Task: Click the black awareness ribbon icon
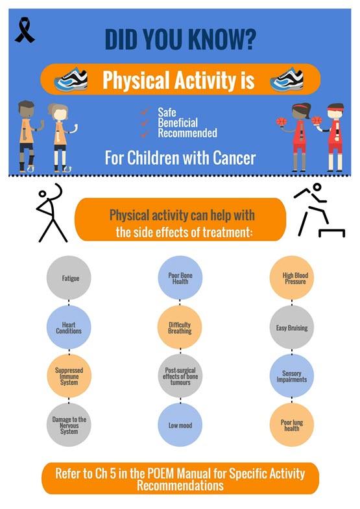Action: coord(25,30)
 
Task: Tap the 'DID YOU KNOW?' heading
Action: coord(180,40)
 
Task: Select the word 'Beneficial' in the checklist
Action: coord(177,123)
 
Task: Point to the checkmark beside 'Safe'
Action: coord(145,112)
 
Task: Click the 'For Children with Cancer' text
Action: coord(180,157)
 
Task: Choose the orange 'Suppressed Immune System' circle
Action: coord(68,376)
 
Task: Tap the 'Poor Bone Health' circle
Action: coord(180,278)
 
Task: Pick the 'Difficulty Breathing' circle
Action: coord(180,327)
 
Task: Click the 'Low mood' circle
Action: coord(180,425)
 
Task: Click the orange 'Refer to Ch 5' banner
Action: coord(180,479)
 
